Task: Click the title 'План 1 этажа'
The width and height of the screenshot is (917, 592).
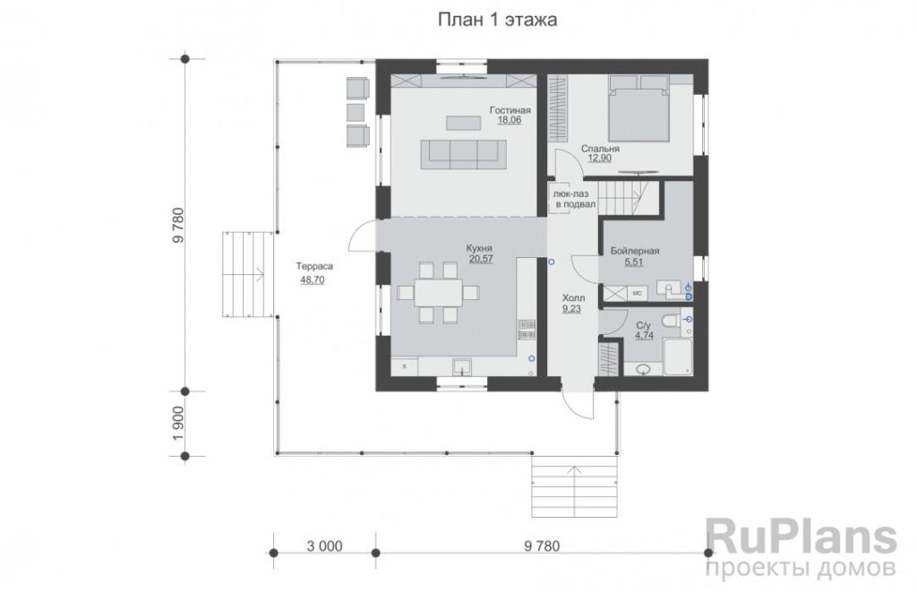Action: point(497,20)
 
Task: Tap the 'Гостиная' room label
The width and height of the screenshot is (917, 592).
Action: point(510,110)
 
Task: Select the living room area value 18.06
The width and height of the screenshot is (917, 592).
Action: point(510,120)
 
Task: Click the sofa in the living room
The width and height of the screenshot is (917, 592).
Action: point(463,154)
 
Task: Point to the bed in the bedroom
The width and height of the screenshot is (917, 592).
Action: point(638,108)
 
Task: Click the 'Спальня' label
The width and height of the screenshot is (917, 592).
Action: point(600,149)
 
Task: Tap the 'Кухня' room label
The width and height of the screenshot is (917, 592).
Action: point(479,247)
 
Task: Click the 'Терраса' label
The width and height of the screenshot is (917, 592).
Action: point(314,266)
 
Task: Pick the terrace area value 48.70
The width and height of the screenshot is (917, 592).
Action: point(313,280)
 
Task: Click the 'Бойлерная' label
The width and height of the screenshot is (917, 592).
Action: point(635,251)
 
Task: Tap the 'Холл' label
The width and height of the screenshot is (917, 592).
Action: point(572,298)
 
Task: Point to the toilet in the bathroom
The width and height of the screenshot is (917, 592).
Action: point(671,321)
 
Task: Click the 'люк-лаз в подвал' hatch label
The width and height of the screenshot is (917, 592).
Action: point(576,199)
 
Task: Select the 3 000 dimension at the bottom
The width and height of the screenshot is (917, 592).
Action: point(324,546)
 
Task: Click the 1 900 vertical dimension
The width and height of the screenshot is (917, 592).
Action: point(178,424)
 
